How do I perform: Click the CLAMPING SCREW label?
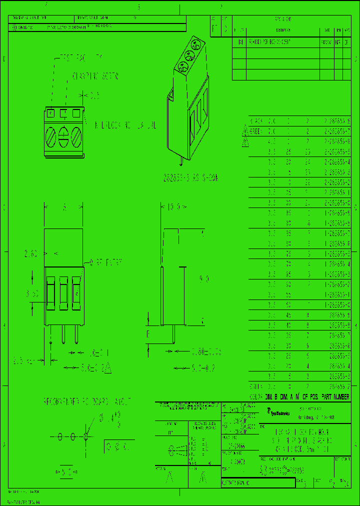coord(95,76)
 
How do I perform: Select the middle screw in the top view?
coord(63,136)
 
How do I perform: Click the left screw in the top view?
coord(51,136)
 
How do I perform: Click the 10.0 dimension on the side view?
coord(173,206)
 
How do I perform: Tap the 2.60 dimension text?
coord(31,253)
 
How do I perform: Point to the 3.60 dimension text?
coord(31,294)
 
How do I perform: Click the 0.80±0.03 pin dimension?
coord(204,353)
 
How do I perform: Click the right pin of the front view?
coord(76,333)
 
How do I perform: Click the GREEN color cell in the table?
coord(256,131)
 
